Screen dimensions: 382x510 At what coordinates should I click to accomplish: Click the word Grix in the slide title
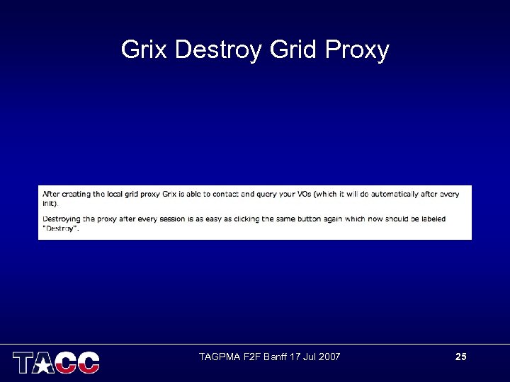coord(144,50)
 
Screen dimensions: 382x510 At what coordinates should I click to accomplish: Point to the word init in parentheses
coord(48,203)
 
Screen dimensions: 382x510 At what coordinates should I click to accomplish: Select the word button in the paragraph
coord(307,219)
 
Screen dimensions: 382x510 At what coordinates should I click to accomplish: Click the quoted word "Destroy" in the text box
coord(61,228)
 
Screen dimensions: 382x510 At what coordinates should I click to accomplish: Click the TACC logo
coord(56,361)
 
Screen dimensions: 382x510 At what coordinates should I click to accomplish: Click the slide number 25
coord(460,357)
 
